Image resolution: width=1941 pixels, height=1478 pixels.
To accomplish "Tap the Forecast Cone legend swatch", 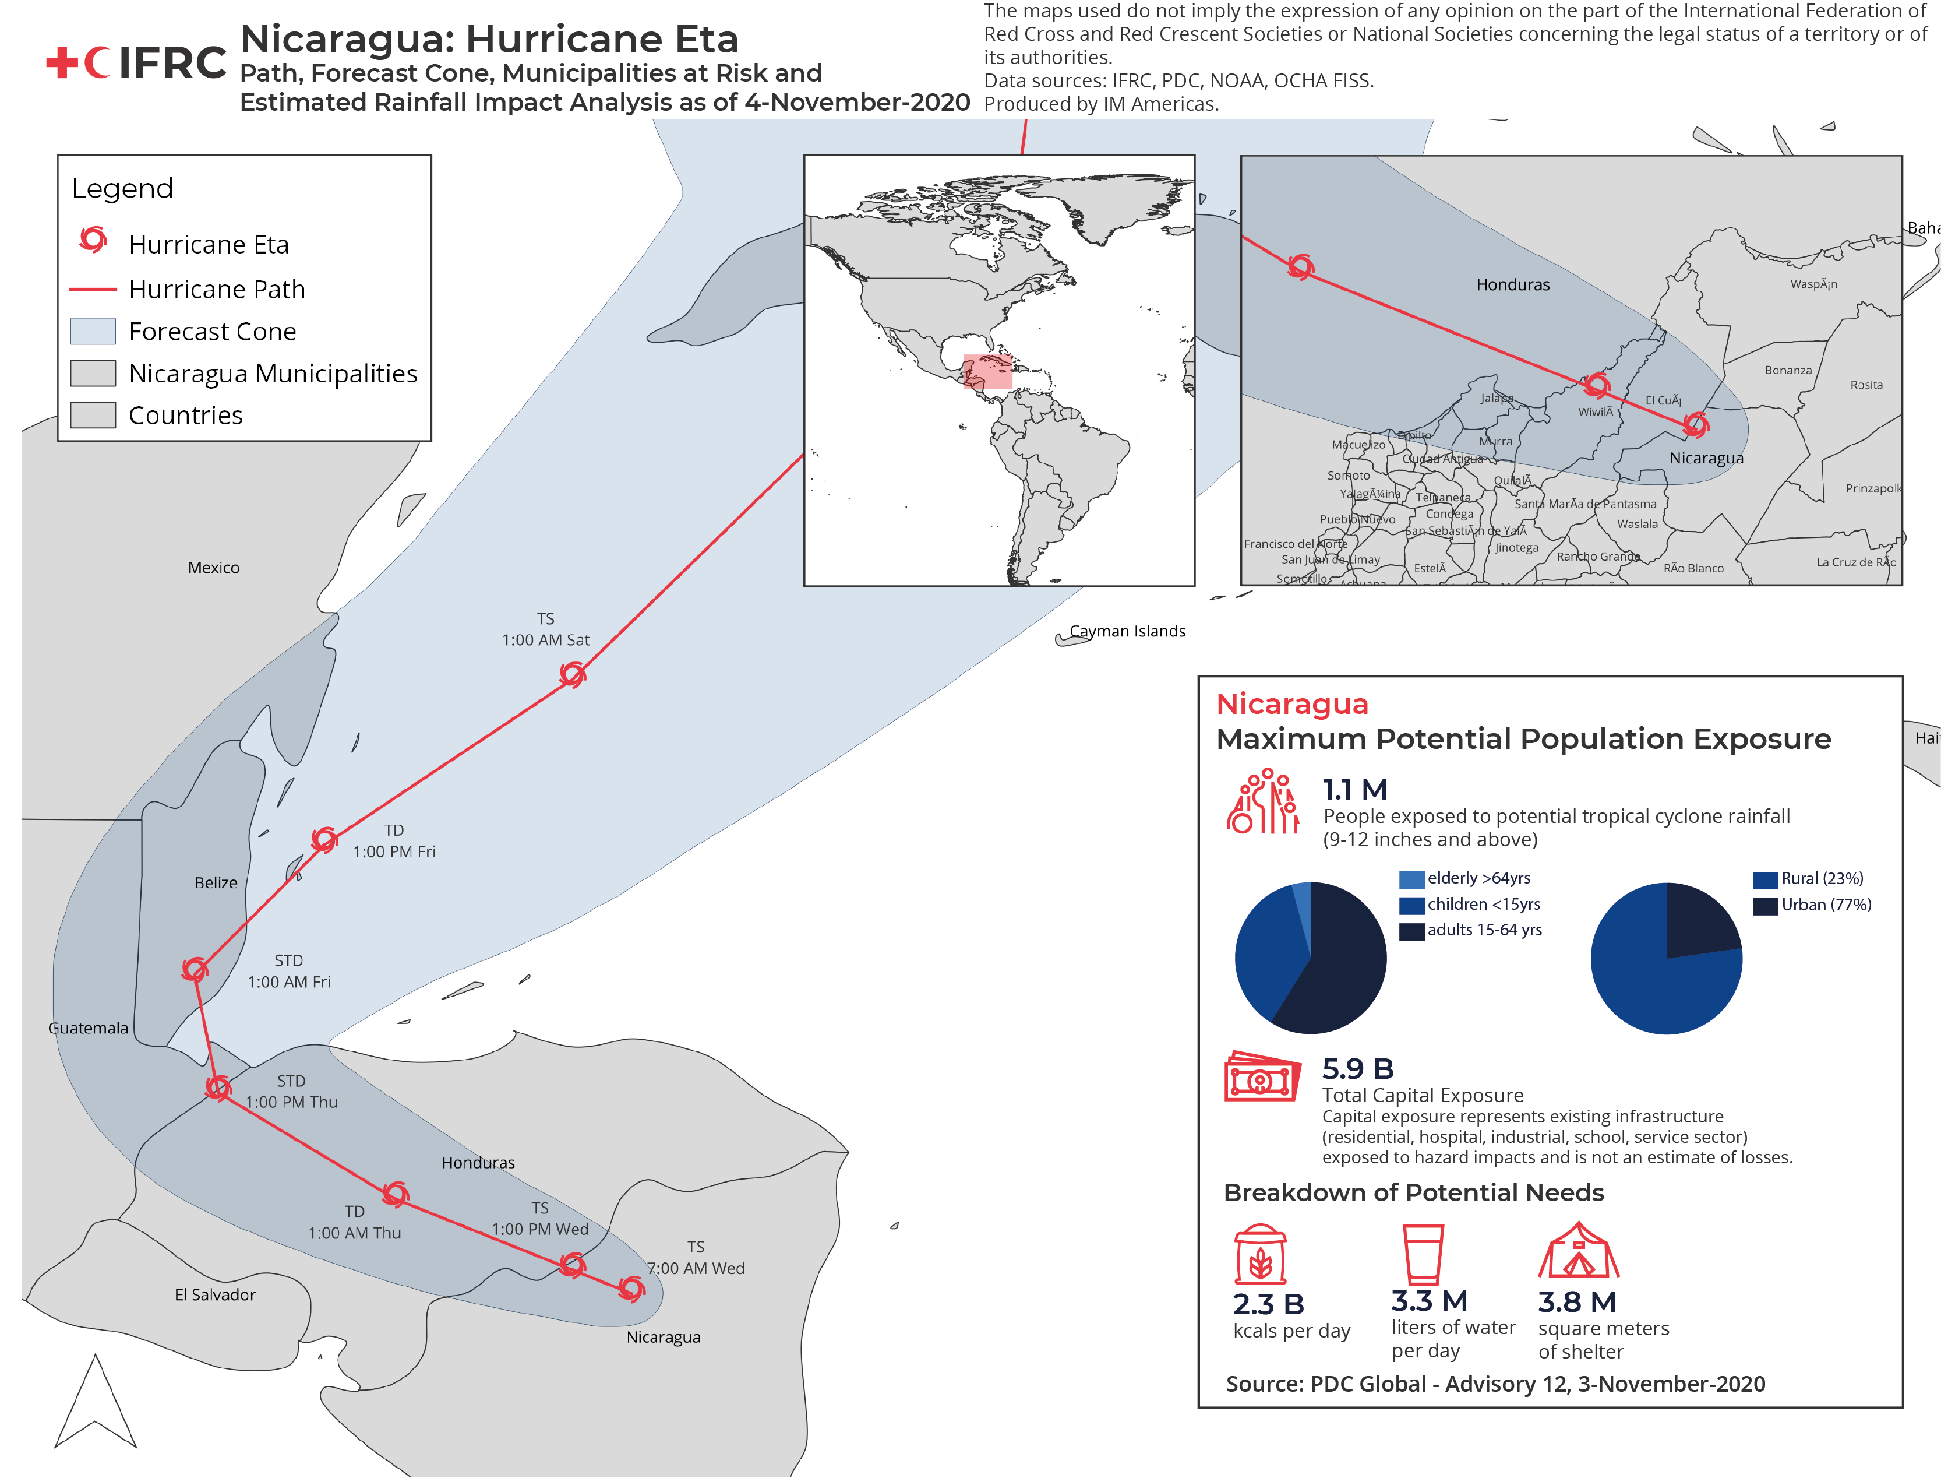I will (93, 331).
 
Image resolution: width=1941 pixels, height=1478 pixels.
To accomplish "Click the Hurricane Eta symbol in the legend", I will (93, 240).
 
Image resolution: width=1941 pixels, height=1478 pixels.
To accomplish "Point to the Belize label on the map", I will (216, 882).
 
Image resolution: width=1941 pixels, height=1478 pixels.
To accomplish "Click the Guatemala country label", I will (88, 1027).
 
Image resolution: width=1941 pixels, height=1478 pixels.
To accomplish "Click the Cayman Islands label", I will (1127, 631).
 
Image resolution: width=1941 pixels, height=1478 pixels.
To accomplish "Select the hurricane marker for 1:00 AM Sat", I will (573, 675).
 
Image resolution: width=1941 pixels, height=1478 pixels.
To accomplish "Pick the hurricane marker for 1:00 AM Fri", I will (195, 969).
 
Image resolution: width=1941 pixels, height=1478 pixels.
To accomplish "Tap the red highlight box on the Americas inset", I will (987, 371).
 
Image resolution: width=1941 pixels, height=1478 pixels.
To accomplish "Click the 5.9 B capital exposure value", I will (1357, 1068).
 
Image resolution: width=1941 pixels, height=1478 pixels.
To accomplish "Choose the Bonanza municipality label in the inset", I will (1787, 371).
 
